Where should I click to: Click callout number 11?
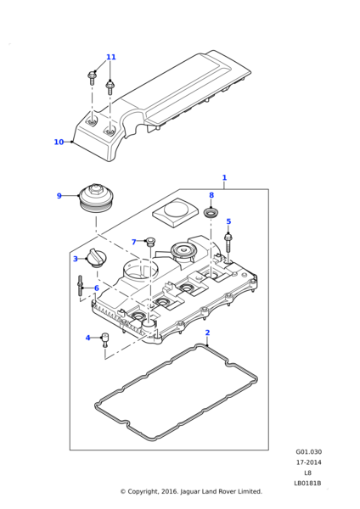pos(110,57)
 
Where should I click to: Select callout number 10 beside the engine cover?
pos(59,142)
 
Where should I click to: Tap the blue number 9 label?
pos(59,196)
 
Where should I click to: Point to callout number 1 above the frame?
pos(224,177)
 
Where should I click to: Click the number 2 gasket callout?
pos(208,333)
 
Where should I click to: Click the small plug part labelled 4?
pos(104,340)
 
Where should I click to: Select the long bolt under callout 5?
pos(228,243)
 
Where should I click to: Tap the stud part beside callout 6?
pos(80,285)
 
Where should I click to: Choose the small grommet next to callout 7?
pos(150,241)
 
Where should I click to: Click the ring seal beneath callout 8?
pos(211,213)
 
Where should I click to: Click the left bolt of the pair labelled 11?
pos(92,78)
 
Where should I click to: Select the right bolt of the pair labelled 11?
pos(110,88)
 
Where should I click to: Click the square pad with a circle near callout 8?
pos(176,212)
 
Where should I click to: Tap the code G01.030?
pos(308,451)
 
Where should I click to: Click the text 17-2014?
pos(308,462)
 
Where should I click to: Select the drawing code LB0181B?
pos(307,483)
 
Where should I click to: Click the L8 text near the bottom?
pos(308,473)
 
